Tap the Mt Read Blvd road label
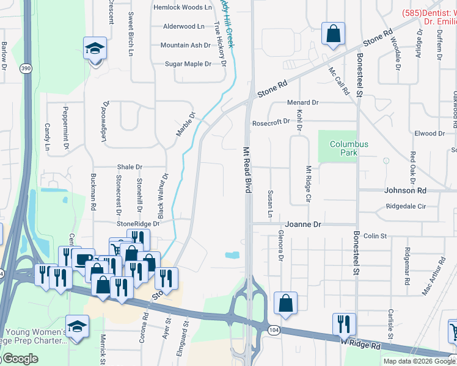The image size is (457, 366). [x=248, y=170]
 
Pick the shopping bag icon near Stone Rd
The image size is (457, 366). [x=334, y=35]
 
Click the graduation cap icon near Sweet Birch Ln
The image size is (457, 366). [x=95, y=48]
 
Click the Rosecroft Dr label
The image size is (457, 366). [x=271, y=122]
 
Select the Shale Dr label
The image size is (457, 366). [x=130, y=167]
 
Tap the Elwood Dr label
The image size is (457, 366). [x=425, y=134]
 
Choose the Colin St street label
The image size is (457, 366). [x=375, y=235]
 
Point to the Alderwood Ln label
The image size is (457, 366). [x=184, y=26]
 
